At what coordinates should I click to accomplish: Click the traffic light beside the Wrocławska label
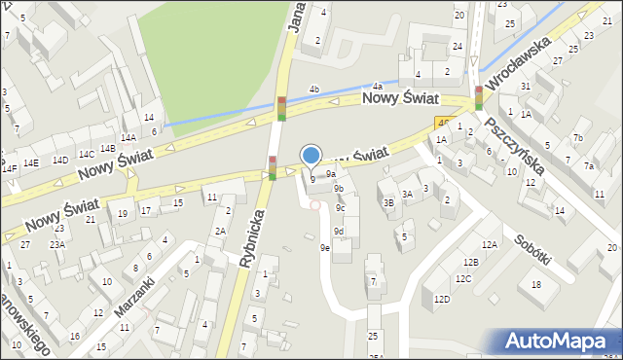coord(479,97)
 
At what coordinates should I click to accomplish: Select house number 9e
coord(325,248)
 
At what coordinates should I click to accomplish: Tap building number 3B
coord(387,202)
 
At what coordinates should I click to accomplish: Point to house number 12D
coord(442,299)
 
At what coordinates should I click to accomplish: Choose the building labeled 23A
coord(57,244)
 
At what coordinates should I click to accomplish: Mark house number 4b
coord(313,90)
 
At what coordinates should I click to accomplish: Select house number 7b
coord(577,137)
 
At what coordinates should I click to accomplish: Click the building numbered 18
coord(536,284)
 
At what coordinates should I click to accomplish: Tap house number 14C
coord(86,154)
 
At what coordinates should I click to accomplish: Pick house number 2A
coord(220,231)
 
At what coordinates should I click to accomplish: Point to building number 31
coord(525,86)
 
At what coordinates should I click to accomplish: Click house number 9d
coord(338,231)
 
